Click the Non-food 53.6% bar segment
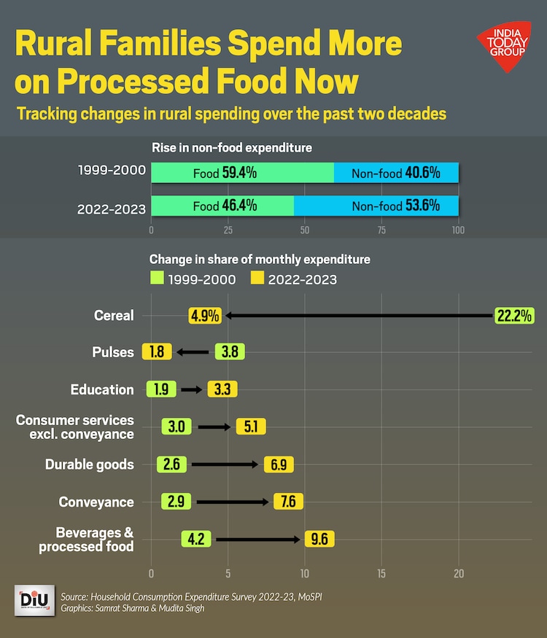pos(376,206)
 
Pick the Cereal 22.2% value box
pos(514,316)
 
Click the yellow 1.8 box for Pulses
pos(156,352)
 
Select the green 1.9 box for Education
pos(161,389)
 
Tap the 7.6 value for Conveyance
pos(287,502)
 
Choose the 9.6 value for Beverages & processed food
pos(319,540)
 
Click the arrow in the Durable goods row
pos(225,464)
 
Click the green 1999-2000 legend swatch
pos(156,278)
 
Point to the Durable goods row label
pos(89,464)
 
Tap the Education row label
pos(102,389)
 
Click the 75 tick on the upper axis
pos(381,230)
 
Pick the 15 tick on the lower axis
pos(381,573)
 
